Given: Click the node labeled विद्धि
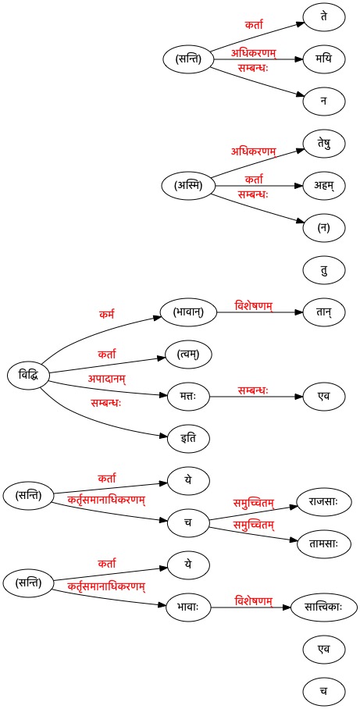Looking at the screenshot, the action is coord(28,375).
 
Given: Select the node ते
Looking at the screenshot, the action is coord(324,17).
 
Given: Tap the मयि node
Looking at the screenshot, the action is coord(324,59).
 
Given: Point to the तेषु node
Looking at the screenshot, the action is coord(324,144).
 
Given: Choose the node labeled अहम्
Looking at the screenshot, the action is coord(324,186).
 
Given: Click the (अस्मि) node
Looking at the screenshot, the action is coord(188,186).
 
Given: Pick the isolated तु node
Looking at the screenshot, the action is coord(324,270).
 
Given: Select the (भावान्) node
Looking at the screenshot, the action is coord(189,312).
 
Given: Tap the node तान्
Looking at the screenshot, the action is coord(324,312).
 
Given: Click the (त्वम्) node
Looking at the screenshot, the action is coord(189,354).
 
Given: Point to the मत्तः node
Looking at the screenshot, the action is coord(189,396).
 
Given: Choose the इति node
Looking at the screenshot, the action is coord(189,438).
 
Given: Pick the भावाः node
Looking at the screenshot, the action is coord(189,607).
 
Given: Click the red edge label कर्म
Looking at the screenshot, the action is coord(106,314).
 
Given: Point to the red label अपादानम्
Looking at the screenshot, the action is coord(106,378).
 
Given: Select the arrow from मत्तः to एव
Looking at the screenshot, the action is coord(256,397).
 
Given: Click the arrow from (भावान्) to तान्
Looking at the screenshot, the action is coord(260,312).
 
